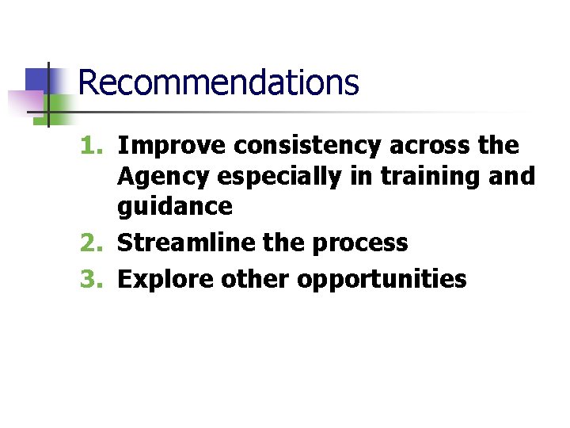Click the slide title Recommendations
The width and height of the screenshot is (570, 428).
[x=218, y=82]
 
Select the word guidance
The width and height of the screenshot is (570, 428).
[x=175, y=207]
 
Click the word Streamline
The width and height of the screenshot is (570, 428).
[x=187, y=243]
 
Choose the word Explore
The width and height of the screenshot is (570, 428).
[x=165, y=279]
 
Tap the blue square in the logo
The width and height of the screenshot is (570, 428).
[x=37, y=79]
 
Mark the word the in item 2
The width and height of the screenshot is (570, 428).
[x=283, y=243]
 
